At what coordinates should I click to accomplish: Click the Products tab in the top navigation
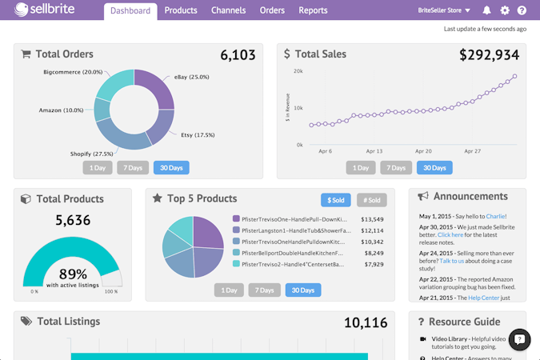tap(181, 10)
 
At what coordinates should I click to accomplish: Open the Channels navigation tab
tap(228, 10)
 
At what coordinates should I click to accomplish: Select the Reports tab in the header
tap(313, 10)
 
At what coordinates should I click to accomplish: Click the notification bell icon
tap(486, 10)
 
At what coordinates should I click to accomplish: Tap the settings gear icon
tap(505, 10)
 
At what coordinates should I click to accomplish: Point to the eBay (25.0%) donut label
tap(191, 77)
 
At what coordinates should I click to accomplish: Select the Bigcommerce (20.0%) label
tap(73, 72)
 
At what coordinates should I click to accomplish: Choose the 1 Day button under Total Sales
tap(361, 168)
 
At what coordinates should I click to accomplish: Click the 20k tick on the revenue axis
tap(298, 71)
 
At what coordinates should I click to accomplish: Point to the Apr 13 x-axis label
tap(375, 150)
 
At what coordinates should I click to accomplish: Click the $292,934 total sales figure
tap(489, 55)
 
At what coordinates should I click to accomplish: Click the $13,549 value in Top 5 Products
tap(373, 219)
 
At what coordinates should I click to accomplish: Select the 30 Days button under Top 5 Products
tap(302, 290)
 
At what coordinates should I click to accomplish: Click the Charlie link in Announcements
tap(495, 216)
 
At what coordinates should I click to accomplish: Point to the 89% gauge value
tap(73, 274)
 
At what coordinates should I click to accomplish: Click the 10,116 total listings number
tap(366, 322)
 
